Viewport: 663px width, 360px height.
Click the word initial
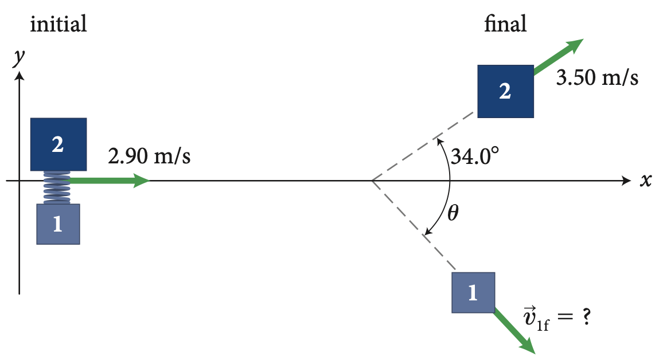click(x=58, y=24)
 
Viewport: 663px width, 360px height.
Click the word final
click(x=505, y=24)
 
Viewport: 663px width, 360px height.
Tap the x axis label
click(x=646, y=181)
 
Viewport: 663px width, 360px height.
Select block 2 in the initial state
click(x=58, y=144)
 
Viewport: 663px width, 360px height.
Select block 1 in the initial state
click(x=58, y=224)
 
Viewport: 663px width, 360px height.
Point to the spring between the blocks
click(x=57, y=187)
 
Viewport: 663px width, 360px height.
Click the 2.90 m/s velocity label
click(x=149, y=156)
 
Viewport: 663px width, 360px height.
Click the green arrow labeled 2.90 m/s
click(x=109, y=181)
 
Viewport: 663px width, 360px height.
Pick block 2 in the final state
click(x=505, y=91)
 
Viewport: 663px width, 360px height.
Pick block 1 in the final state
click(x=473, y=292)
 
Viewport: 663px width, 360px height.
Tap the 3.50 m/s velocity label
click(x=597, y=79)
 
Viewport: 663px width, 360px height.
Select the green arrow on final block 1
click(x=514, y=331)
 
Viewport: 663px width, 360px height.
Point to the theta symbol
click(x=453, y=213)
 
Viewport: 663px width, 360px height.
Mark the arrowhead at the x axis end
click(x=626, y=181)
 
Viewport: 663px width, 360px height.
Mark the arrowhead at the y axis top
click(x=20, y=76)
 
